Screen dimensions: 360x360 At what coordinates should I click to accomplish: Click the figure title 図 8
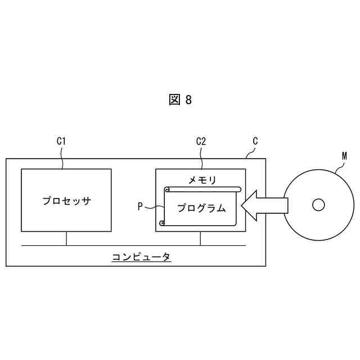pyautogui.click(x=180, y=100)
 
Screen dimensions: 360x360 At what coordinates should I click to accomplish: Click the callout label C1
pyautogui.click(x=62, y=142)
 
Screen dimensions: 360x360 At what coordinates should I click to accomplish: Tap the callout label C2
pyautogui.click(x=201, y=142)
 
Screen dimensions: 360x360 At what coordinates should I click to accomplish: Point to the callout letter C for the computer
pyautogui.click(x=255, y=141)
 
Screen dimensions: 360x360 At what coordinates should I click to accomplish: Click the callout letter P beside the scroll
pyautogui.click(x=141, y=206)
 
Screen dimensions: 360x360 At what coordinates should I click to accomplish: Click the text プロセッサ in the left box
pyautogui.click(x=66, y=201)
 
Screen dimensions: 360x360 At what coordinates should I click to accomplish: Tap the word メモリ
pyautogui.click(x=202, y=180)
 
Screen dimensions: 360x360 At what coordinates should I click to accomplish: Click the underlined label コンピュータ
pyautogui.click(x=141, y=257)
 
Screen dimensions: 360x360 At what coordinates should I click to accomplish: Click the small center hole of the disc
pyautogui.click(x=318, y=205)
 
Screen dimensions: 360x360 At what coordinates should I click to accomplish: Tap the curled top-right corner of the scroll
pyautogui.click(x=238, y=189)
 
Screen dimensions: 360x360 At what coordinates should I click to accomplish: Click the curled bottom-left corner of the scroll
pyautogui.click(x=163, y=223)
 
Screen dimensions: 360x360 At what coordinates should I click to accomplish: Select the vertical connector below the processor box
pyautogui.click(x=66, y=238)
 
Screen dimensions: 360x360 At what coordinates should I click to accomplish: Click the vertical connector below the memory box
pyautogui.click(x=201, y=238)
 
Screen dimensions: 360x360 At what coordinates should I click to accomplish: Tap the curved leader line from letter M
pyautogui.click(x=338, y=164)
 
